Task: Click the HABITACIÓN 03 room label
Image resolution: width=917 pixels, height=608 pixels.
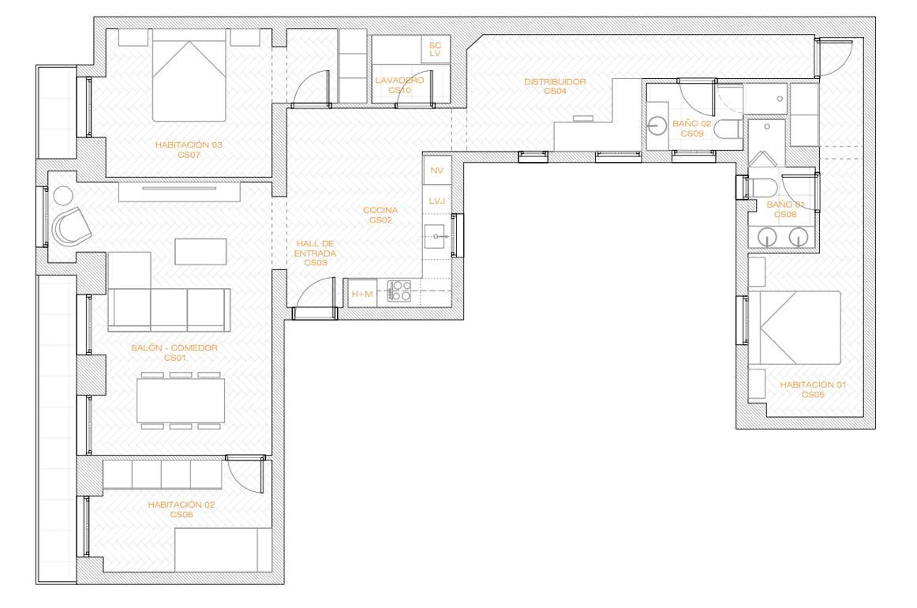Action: coord(189,150)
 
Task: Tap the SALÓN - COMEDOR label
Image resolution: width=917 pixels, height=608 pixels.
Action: coord(174,352)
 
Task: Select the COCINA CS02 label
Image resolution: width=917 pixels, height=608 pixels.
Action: coord(380,215)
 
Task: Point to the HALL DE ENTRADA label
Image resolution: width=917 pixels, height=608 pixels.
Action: coord(315,253)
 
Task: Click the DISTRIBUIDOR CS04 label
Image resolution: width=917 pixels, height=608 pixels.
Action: coord(555,86)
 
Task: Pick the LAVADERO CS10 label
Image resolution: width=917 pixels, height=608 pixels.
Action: coord(399,84)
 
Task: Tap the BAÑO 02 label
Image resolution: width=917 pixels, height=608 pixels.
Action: coord(692,128)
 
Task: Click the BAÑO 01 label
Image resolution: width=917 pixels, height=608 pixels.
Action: coord(785,209)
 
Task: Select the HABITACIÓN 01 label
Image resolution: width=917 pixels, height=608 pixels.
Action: coord(813,389)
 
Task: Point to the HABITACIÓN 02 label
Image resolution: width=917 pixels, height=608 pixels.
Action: coord(182,509)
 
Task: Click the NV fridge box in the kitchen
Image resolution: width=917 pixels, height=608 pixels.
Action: coord(437,171)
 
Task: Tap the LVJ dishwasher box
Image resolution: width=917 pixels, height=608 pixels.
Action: coord(437,200)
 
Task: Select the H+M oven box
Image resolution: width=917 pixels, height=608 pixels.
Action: coord(362,294)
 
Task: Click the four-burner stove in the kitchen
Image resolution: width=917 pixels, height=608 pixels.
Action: coord(399,291)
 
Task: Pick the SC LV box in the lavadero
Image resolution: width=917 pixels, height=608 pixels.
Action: coord(435,49)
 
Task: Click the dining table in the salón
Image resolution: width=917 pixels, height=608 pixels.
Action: coord(181,400)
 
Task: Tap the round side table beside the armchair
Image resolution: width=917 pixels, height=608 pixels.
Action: coord(62,195)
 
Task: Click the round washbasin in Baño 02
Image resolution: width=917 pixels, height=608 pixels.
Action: coord(657,126)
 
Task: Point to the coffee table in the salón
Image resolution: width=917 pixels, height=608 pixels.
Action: coord(200,251)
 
